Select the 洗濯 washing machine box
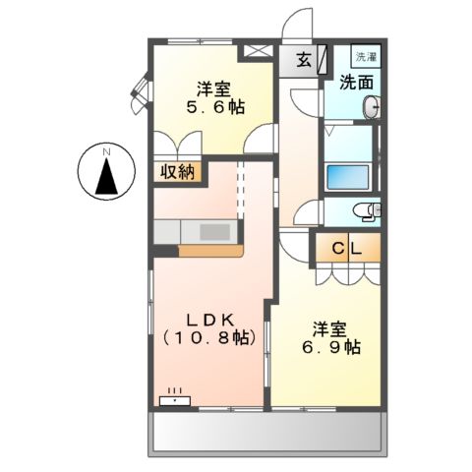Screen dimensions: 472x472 coord(365,58)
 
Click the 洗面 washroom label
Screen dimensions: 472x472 coord(356,83)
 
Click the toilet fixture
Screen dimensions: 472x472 coord(367,209)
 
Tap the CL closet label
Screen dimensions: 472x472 coord(345,249)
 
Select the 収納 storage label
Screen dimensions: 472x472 coord(179,172)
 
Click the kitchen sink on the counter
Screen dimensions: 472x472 coord(215,231)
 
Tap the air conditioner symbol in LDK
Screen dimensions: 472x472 coord(176,398)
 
